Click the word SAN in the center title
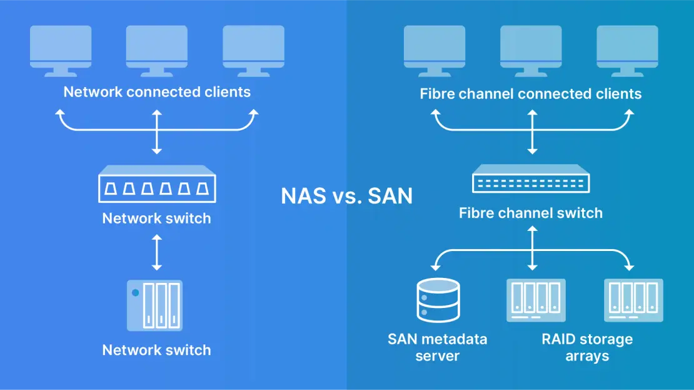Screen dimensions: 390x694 point(390,196)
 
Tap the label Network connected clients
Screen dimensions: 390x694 point(157,92)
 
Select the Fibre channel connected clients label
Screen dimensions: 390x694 point(530,94)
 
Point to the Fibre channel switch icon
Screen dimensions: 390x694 point(531,180)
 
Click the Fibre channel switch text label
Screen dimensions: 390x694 point(530,213)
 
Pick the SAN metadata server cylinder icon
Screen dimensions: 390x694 point(437,301)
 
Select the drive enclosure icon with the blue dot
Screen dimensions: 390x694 point(155,305)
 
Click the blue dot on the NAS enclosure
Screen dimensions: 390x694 point(134,292)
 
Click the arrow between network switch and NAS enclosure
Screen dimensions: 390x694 point(157,252)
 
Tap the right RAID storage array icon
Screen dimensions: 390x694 point(633,300)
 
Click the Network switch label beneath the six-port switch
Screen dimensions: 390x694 point(156,218)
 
